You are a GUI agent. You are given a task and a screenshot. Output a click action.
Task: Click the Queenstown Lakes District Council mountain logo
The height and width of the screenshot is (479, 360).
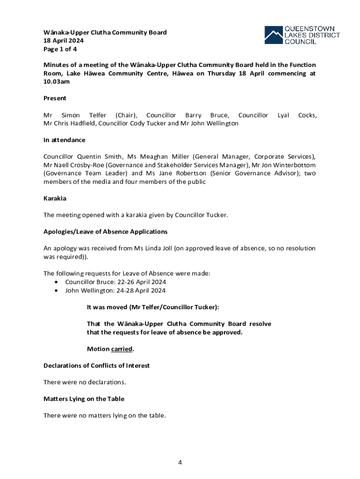coord(274,35)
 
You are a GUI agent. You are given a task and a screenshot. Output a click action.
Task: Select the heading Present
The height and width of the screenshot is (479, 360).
coord(55,98)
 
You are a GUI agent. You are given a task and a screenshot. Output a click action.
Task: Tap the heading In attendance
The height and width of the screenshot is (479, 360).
coord(64,140)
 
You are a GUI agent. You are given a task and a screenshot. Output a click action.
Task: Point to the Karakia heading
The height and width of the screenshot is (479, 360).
coord(55,198)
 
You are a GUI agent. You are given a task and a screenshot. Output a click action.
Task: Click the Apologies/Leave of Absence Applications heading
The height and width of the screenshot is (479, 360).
coord(105,232)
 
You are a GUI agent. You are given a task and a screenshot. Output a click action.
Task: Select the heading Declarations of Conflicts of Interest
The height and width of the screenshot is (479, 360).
coord(96,365)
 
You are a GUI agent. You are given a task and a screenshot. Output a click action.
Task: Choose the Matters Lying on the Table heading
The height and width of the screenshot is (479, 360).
coord(84,399)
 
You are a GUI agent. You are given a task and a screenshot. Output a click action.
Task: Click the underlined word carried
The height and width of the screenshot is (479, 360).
coord(122,349)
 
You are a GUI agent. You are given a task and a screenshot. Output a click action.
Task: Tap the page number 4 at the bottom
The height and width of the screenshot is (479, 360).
coord(180,463)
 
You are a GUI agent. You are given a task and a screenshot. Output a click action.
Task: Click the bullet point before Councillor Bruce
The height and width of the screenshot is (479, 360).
coord(57,282)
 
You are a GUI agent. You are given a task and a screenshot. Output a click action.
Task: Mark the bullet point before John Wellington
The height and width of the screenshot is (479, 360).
coord(57,290)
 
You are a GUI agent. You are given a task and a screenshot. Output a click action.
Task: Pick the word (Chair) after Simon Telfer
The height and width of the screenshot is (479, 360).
coord(126,115)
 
